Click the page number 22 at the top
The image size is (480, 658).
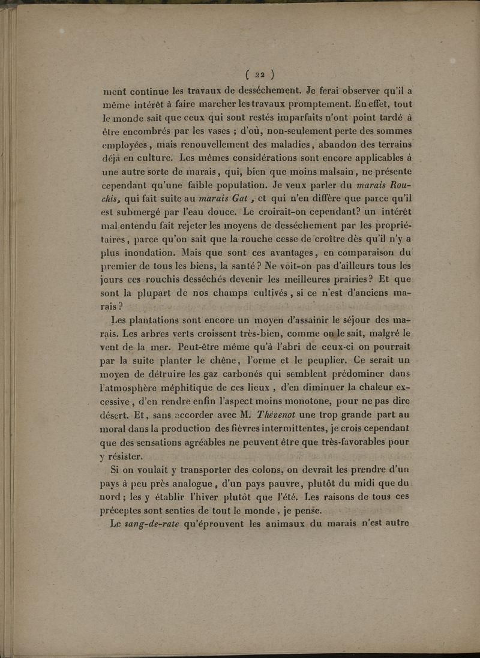pyautogui.click(x=259, y=75)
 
